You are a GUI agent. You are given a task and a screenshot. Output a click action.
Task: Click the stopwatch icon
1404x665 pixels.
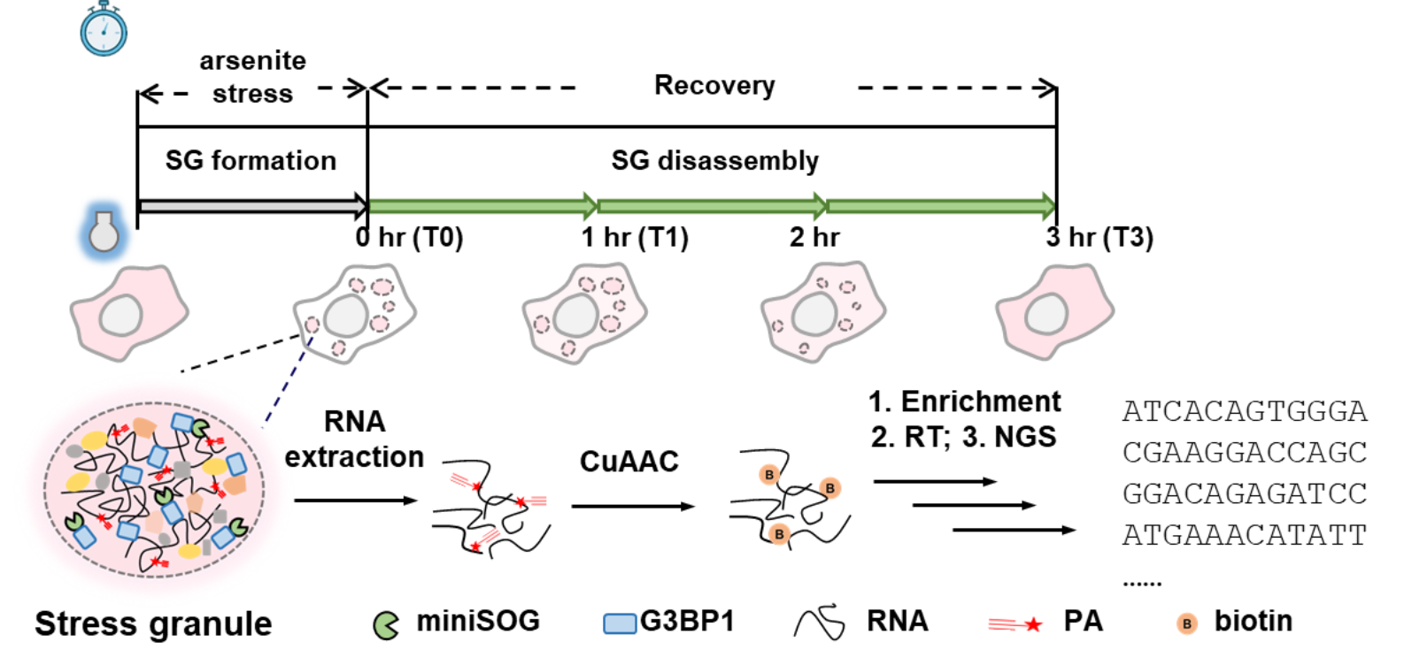click(104, 30)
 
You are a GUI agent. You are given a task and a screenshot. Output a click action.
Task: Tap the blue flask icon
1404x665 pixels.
click(104, 232)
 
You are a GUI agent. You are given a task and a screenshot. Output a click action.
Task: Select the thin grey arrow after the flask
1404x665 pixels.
click(252, 206)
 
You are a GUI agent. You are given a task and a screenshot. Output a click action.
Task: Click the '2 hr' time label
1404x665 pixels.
click(814, 237)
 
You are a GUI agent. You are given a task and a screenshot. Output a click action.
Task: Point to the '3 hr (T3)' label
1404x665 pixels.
click(1099, 238)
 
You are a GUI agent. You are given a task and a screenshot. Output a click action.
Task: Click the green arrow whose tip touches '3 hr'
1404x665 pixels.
click(940, 206)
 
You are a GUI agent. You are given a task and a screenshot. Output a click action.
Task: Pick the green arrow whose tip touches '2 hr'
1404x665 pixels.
click(713, 206)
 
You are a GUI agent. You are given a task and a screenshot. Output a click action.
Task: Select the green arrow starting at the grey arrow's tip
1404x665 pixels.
click(482, 206)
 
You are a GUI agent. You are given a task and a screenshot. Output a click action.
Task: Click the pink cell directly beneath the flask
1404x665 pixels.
click(128, 312)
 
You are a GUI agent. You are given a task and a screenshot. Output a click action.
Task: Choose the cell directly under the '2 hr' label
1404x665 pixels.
click(822, 312)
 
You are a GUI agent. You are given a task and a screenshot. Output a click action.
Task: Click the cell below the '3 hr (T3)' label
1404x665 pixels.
click(1053, 312)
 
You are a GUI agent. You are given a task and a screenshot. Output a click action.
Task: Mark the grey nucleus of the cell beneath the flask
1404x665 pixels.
click(120, 315)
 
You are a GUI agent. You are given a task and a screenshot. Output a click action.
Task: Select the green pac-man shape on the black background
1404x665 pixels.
click(385, 625)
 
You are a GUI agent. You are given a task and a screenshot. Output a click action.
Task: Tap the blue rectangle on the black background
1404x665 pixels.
click(620, 623)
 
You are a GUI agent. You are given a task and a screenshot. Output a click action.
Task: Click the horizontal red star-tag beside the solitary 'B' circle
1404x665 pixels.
click(1015, 624)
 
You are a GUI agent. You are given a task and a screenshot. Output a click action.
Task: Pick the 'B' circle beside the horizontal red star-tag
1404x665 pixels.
click(1186, 623)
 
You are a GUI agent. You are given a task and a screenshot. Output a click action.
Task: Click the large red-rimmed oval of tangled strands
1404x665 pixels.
click(154, 489)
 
